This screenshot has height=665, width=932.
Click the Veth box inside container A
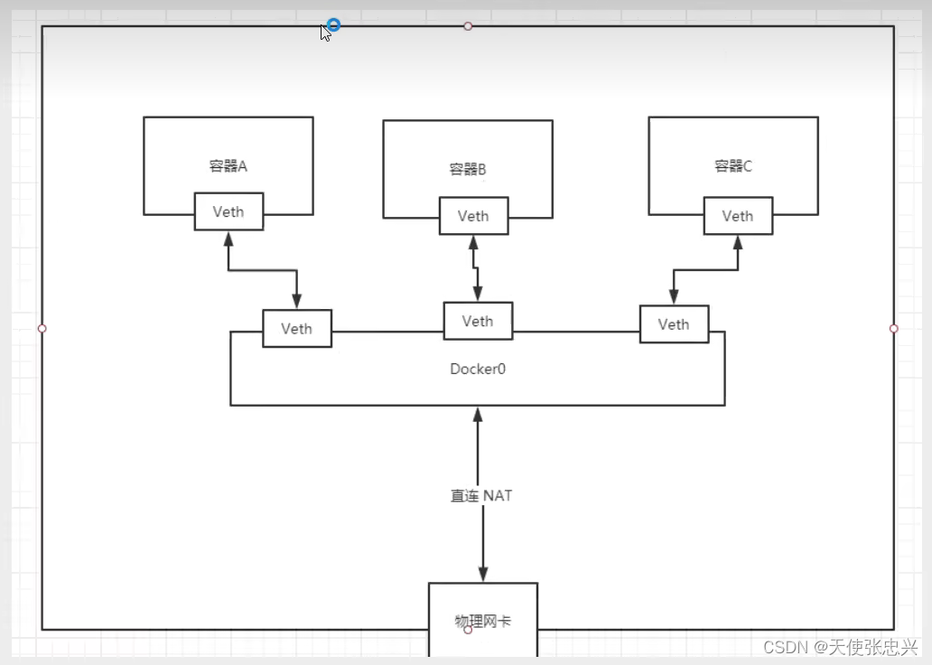coord(229,212)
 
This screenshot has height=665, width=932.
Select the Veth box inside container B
coord(473,216)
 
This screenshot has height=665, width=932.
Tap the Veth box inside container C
coord(738,216)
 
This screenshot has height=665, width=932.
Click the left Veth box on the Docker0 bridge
coord(296,328)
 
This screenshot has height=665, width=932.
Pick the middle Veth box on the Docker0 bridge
coord(478,321)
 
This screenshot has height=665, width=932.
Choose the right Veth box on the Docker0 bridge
coord(674,324)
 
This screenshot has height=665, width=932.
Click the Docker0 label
coord(478,369)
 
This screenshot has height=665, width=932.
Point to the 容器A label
coord(228,165)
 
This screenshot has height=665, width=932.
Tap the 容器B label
coord(468,169)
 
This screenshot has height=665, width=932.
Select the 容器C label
coord(733,166)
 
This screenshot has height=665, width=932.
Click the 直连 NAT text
coord(482,495)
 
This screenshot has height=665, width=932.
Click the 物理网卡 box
coord(482,621)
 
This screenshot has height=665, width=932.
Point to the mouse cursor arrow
coord(324,33)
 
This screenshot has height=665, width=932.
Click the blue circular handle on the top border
coord(333,25)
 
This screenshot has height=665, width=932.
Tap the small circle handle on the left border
coord(42,328)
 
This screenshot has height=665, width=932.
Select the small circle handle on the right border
coord(894,328)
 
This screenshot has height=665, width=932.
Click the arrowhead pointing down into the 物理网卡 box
coord(483,574)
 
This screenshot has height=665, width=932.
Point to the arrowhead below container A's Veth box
coord(228,239)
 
